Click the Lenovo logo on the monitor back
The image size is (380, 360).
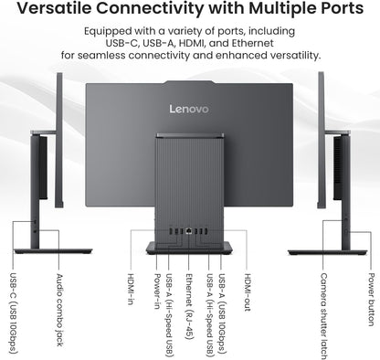[189, 109]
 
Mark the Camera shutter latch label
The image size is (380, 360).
[323, 311]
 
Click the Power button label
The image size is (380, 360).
[370, 298]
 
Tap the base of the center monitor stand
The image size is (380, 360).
[189, 247]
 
